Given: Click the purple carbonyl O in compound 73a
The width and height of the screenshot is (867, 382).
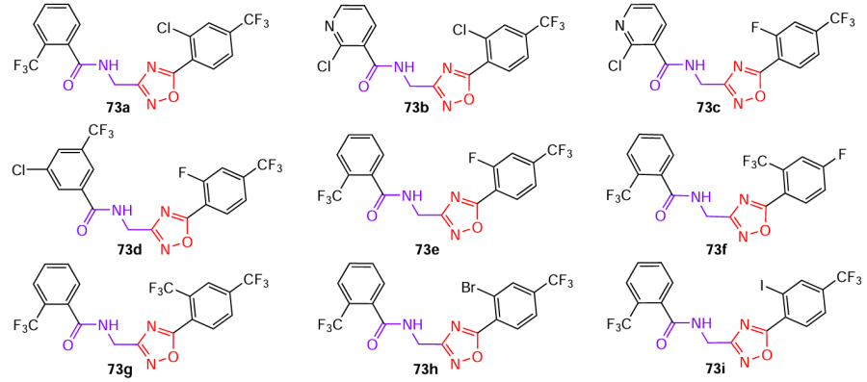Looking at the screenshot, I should tap(68, 85).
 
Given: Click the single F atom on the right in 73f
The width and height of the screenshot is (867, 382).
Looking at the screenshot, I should tap(845, 153).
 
